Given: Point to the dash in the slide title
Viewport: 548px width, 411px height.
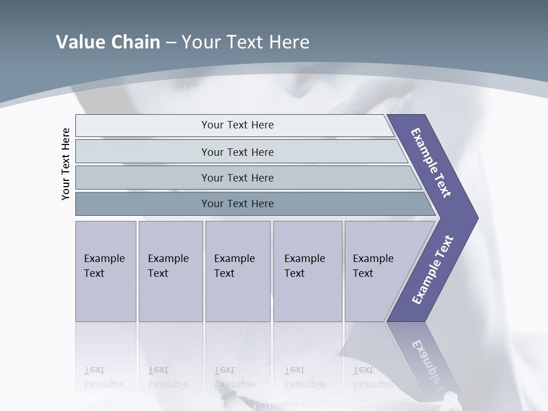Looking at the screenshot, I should tap(171, 43).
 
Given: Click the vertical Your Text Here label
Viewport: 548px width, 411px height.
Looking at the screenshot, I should tap(66, 164).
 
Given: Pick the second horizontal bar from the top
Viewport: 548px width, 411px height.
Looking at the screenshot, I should tap(237, 152).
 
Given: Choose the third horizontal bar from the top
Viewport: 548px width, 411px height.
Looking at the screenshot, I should tap(237, 178).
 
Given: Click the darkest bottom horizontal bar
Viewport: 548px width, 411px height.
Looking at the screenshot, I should tap(237, 204).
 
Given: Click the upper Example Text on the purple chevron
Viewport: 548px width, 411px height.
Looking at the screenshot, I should tap(432, 163).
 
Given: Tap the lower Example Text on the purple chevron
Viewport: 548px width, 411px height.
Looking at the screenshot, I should tap(432, 270).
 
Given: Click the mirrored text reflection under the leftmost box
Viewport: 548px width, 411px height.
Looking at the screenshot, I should tap(104, 377).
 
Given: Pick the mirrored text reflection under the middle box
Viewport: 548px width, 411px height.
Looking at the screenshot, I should tap(234, 377).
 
